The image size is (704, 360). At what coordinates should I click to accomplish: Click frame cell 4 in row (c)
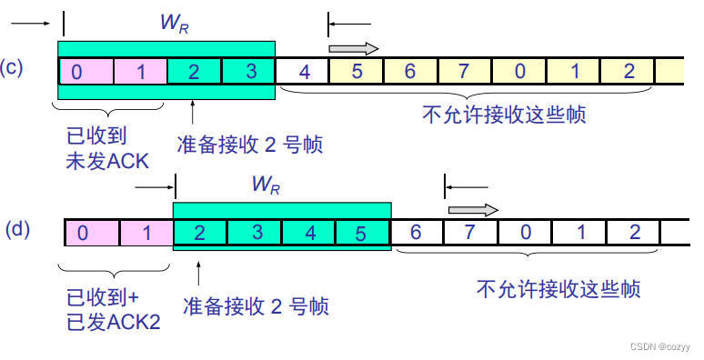303,71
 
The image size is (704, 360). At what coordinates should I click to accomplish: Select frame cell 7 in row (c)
466,71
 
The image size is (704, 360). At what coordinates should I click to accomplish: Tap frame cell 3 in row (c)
248,71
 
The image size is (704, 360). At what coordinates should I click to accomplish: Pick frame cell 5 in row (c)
357,71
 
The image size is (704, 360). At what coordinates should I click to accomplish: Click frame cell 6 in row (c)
411,71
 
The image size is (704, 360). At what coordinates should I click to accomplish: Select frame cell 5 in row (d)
362,232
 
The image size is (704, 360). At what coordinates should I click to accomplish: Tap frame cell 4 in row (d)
308,232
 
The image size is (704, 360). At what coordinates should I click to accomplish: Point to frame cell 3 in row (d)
255,232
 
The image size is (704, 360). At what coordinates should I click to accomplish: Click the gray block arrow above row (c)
353,49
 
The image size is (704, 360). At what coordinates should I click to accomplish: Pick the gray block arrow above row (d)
474,210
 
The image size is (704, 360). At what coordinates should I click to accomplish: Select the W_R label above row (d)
266,185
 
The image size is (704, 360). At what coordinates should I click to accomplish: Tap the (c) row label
12,68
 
